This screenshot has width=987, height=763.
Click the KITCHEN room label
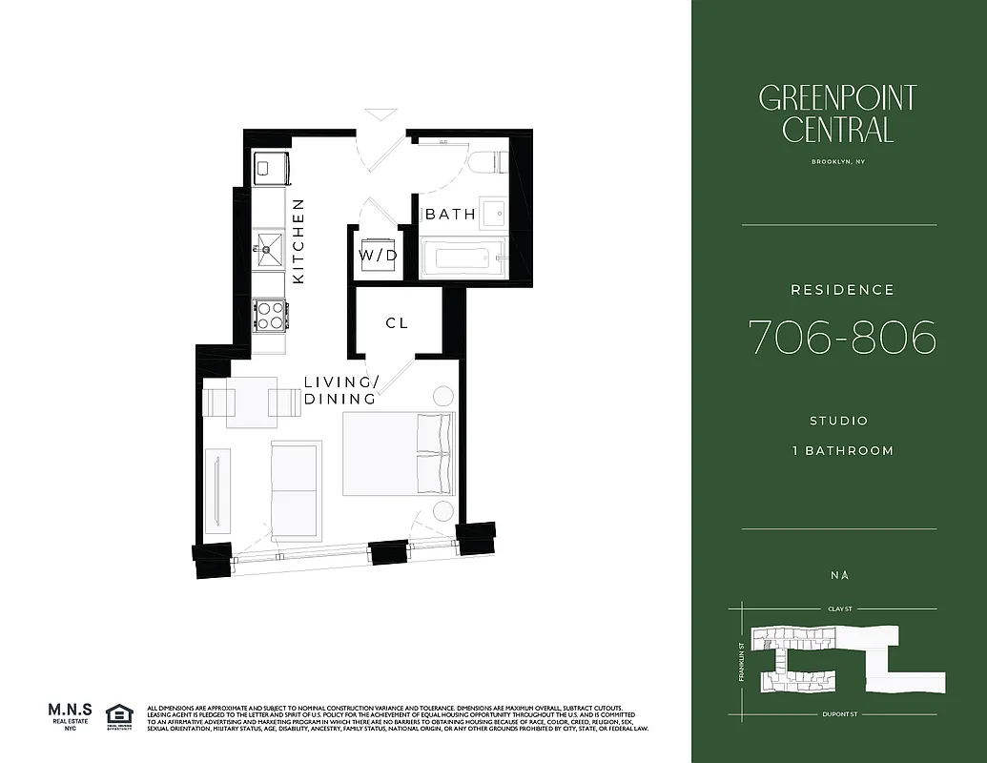[x=298, y=240]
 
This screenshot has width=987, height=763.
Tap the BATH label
[x=450, y=214]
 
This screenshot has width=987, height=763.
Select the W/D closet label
[x=378, y=256]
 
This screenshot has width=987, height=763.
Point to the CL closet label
[x=397, y=323]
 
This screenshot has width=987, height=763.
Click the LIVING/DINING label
[x=341, y=391]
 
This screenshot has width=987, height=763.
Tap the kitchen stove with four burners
[x=269, y=315]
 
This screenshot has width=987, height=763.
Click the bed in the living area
[x=398, y=454]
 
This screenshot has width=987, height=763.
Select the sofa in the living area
[x=295, y=491]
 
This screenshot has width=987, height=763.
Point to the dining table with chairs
[x=252, y=402]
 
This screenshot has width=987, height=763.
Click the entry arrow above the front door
[x=381, y=113]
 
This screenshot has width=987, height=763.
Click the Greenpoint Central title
[x=837, y=113]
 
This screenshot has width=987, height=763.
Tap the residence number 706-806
[x=842, y=338]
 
